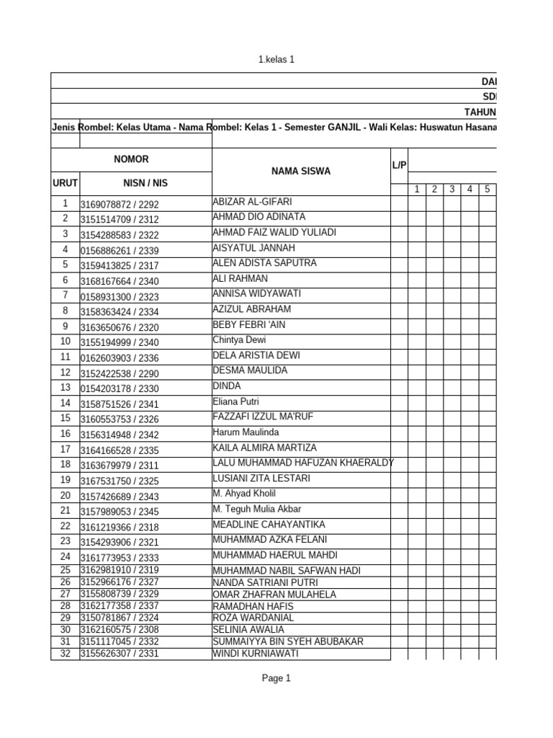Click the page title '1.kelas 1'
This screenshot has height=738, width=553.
tap(276, 60)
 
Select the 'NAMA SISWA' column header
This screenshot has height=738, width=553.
tap(301, 172)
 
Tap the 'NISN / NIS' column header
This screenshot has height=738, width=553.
tap(131, 184)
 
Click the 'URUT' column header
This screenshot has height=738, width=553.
tap(65, 184)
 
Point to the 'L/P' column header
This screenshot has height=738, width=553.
tap(399, 166)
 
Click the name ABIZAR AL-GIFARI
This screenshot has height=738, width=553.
tap(252, 202)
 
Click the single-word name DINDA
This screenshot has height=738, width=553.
tap(227, 386)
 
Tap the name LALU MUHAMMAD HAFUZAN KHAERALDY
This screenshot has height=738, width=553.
tap(302, 463)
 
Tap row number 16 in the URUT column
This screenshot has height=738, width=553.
tap(66, 434)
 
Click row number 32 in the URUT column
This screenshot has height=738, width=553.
tap(66, 654)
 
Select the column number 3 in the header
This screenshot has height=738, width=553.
tap(451, 190)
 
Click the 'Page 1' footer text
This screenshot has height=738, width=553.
tap(276, 678)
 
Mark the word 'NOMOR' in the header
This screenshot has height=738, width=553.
tap(131, 159)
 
